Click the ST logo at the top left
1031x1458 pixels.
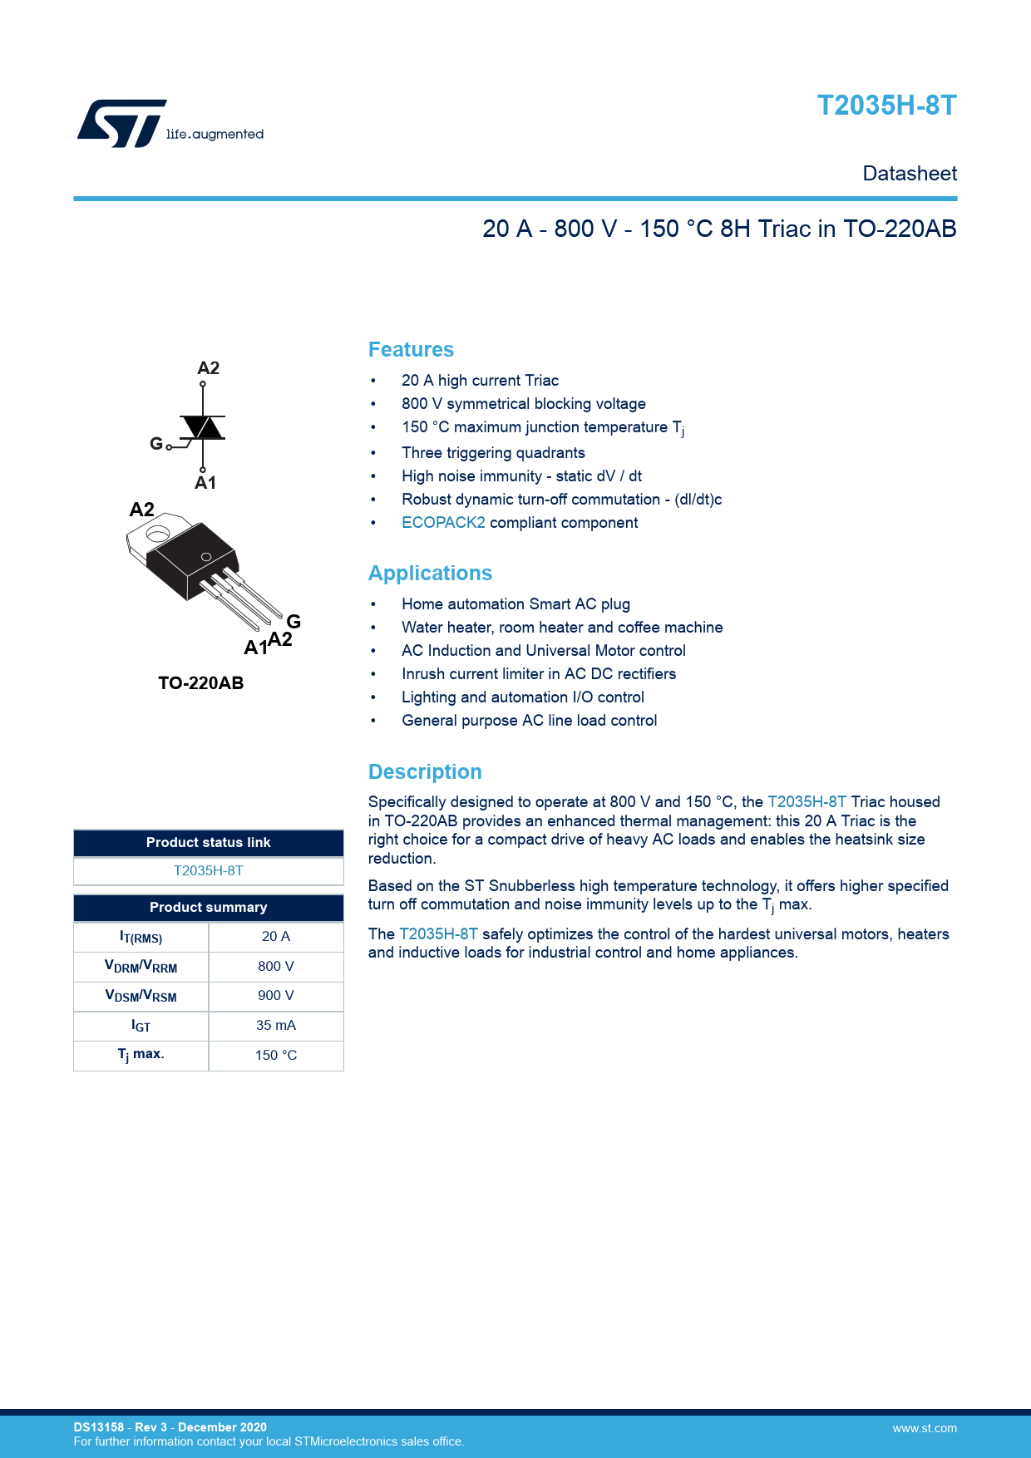(x=122, y=124)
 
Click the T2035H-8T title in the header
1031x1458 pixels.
(x=886, y=106)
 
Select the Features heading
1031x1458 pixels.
(x=411, y=349)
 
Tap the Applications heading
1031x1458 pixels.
(x=430, y=573)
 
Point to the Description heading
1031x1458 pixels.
(x=425, y=771)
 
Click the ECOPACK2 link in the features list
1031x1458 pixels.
(x=443, y=523)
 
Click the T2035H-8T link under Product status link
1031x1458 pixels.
(x=208, y=870)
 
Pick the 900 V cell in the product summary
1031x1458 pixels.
(x=275, y=995)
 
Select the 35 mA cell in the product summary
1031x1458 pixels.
(x=275, y=1025)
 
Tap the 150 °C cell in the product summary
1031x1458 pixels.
(x=275, y=1055)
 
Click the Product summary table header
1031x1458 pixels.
(x=208, y=907)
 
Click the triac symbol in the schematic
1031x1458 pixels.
(x=202, y=427)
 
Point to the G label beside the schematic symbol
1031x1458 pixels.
(x=156, y=444)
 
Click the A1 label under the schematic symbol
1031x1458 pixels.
(x=205, y=483)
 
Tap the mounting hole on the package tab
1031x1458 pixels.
(x=158, y=534)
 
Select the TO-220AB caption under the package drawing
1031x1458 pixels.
(x=200, y=683)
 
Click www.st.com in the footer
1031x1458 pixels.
(x=925, y=1428)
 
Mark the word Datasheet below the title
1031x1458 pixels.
(x=910, y=174)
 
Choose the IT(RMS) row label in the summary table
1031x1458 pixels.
(x=141, y=937)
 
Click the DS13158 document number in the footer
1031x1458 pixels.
(x=98, y=1427)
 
